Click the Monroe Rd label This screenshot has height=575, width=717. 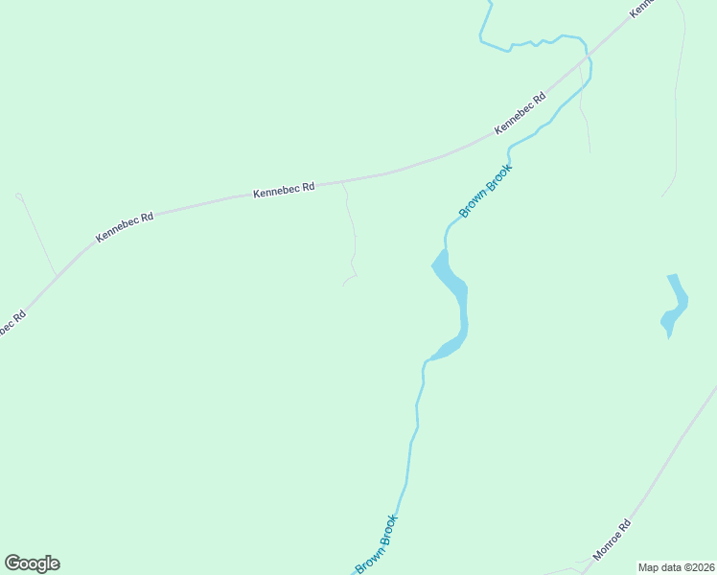click(x=613, y=539)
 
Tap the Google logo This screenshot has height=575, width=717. click(x=32, y=563)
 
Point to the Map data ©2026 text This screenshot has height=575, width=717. click(x=676, y=566)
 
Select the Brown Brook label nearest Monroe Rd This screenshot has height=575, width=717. click(x=377, y=544)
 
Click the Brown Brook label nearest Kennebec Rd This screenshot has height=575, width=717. click(x=486, y=191)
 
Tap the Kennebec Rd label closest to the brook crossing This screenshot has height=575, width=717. click(x=520, y=114)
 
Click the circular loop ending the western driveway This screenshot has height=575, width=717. click(x=18, y=196)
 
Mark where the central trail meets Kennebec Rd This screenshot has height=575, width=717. click(x=342, y=180)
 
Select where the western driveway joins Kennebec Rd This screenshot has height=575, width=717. click(x=56, y=275)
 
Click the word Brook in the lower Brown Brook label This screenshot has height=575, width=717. click(x=386, y=530)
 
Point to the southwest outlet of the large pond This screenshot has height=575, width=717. click(x=430, y=359)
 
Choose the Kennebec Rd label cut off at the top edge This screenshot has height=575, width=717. click(x=642, y=7)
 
